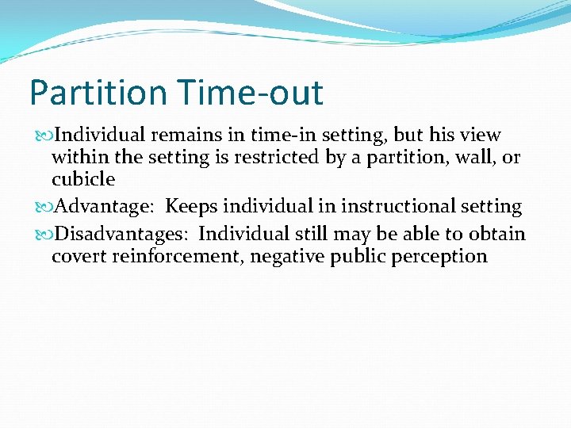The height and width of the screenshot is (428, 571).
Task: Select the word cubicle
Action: tap(83, 180)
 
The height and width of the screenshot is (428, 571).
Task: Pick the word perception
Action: tap(446, 256)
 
